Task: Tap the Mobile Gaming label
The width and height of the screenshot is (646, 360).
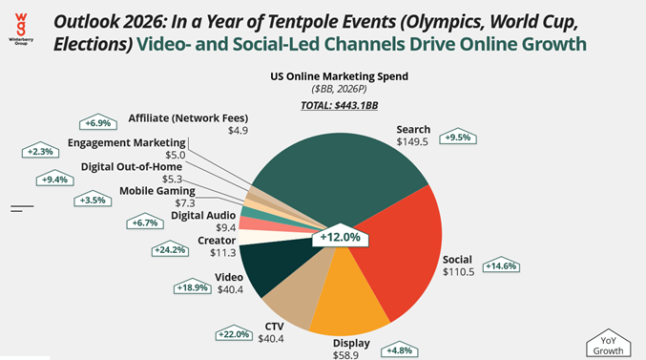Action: point(157,191)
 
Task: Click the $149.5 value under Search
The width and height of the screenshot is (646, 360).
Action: point(413,141)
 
